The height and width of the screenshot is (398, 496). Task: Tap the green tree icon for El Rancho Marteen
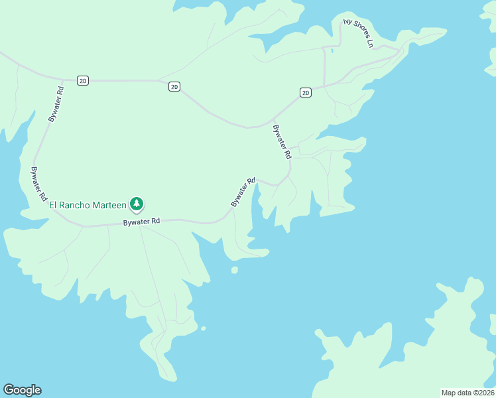(137, 204)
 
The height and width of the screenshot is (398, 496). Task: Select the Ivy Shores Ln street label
(359, 33)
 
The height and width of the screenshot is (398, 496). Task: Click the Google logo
(22, 390)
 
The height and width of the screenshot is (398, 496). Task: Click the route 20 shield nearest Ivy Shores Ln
(305, 92)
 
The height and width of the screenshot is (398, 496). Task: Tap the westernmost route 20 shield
(82, 80)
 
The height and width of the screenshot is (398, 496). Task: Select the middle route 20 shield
(174, 86)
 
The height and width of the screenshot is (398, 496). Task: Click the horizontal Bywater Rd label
(141, 222)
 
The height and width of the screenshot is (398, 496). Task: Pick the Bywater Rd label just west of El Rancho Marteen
(38, 184)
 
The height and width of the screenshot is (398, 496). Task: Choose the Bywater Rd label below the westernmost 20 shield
(56, 103)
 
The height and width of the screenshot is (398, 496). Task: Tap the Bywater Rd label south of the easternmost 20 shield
(282, 141)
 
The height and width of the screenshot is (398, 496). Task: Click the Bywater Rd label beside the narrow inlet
(243, 192)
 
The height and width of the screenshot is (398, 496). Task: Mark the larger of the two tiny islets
(234, 270)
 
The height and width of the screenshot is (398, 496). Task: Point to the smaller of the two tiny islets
(203, 328)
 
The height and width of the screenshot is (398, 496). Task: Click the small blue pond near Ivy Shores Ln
(332, 50)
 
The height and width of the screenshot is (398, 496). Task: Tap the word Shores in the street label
(359, 33)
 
